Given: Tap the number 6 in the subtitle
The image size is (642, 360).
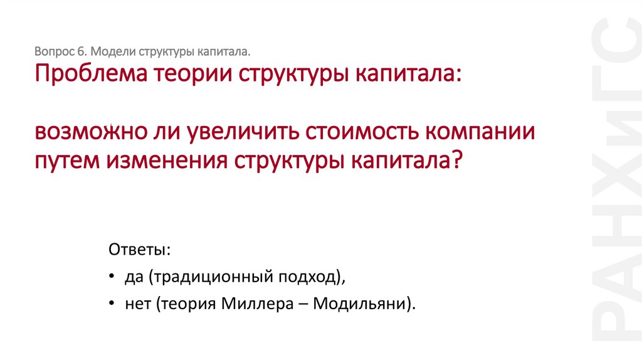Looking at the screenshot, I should [x=82, y=50].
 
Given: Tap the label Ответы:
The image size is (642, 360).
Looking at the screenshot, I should [x=139, y=249].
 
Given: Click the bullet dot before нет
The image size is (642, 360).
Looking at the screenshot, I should [x=111, y=304].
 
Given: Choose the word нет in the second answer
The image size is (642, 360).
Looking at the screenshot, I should [x=138, y=304].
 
